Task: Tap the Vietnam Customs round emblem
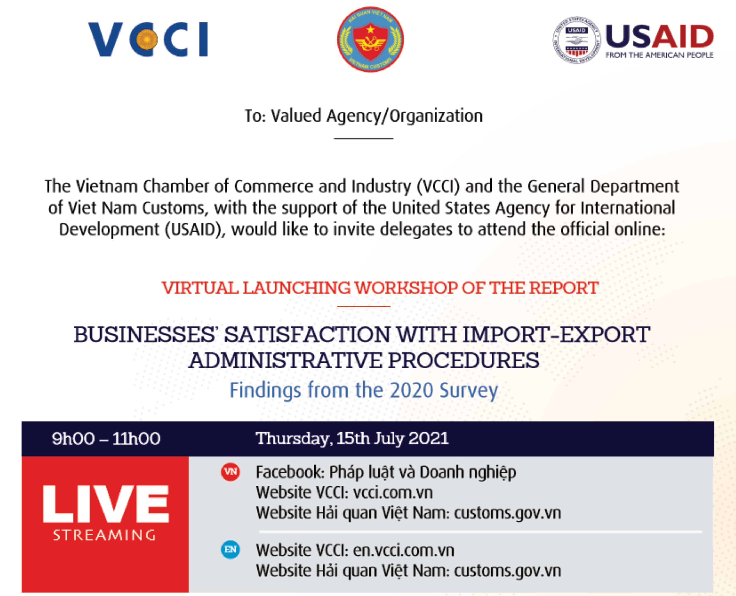370,39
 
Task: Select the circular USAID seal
577,40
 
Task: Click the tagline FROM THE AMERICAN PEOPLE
659,55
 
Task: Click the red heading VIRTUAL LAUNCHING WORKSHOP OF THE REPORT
380,288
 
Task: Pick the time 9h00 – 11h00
106,438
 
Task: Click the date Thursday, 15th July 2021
352,438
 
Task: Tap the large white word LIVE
106,504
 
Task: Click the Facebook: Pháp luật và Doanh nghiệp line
386,472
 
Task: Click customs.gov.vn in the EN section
508,571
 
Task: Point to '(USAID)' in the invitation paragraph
195,229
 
